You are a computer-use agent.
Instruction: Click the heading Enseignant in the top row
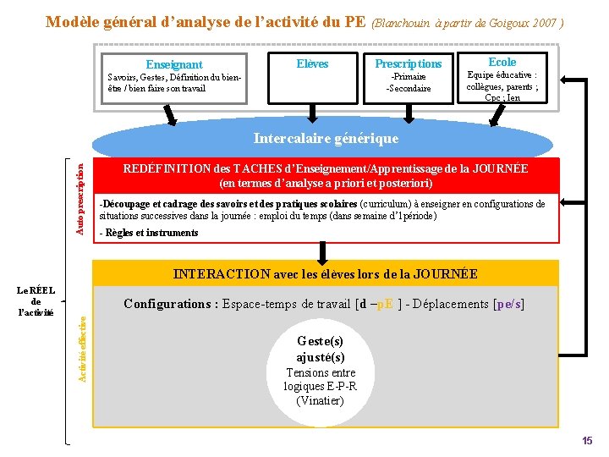(173, 64)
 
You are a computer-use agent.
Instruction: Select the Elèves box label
(312, 63)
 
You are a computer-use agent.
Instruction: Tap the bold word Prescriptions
(408, 63)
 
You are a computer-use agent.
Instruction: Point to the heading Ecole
(502, 62)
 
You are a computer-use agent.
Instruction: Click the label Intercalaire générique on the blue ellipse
(326, 137)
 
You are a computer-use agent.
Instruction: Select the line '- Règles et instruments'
(148, 233)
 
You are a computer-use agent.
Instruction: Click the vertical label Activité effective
(82, 348)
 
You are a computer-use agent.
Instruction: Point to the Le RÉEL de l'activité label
(36, 301)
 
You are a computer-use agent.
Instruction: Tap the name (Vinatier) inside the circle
(321, 400)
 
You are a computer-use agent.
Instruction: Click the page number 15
(587, 441)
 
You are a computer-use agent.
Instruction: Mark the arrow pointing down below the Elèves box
(313, 113)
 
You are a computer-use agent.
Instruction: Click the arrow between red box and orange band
(322, 251)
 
